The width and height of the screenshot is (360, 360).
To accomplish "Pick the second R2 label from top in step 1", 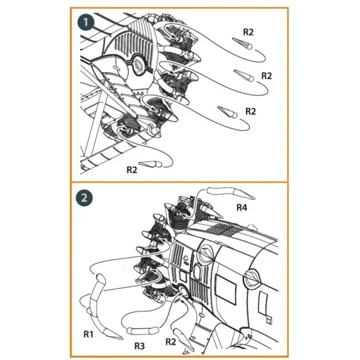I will [267, 75].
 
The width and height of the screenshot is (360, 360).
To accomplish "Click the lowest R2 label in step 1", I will [133, 169].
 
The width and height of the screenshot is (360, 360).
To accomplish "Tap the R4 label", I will [243, 207].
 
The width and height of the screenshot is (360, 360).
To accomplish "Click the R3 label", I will [139, 346].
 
